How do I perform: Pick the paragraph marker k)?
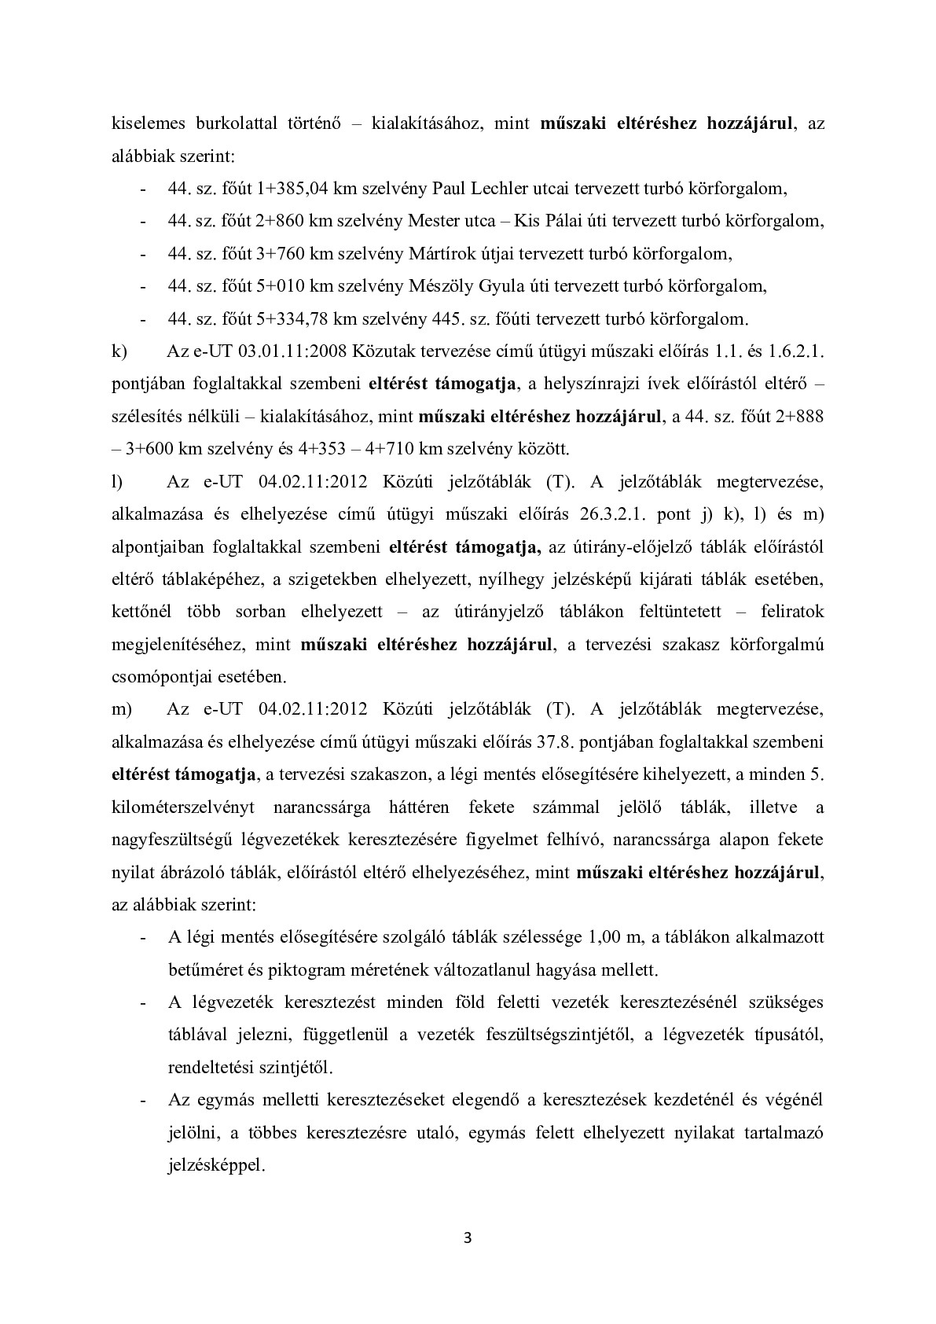[x=120, y=351]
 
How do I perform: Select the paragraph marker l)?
[x=117, y=481]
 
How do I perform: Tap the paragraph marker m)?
[x=123, y=709]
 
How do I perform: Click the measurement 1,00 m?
[x=615, y=937]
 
